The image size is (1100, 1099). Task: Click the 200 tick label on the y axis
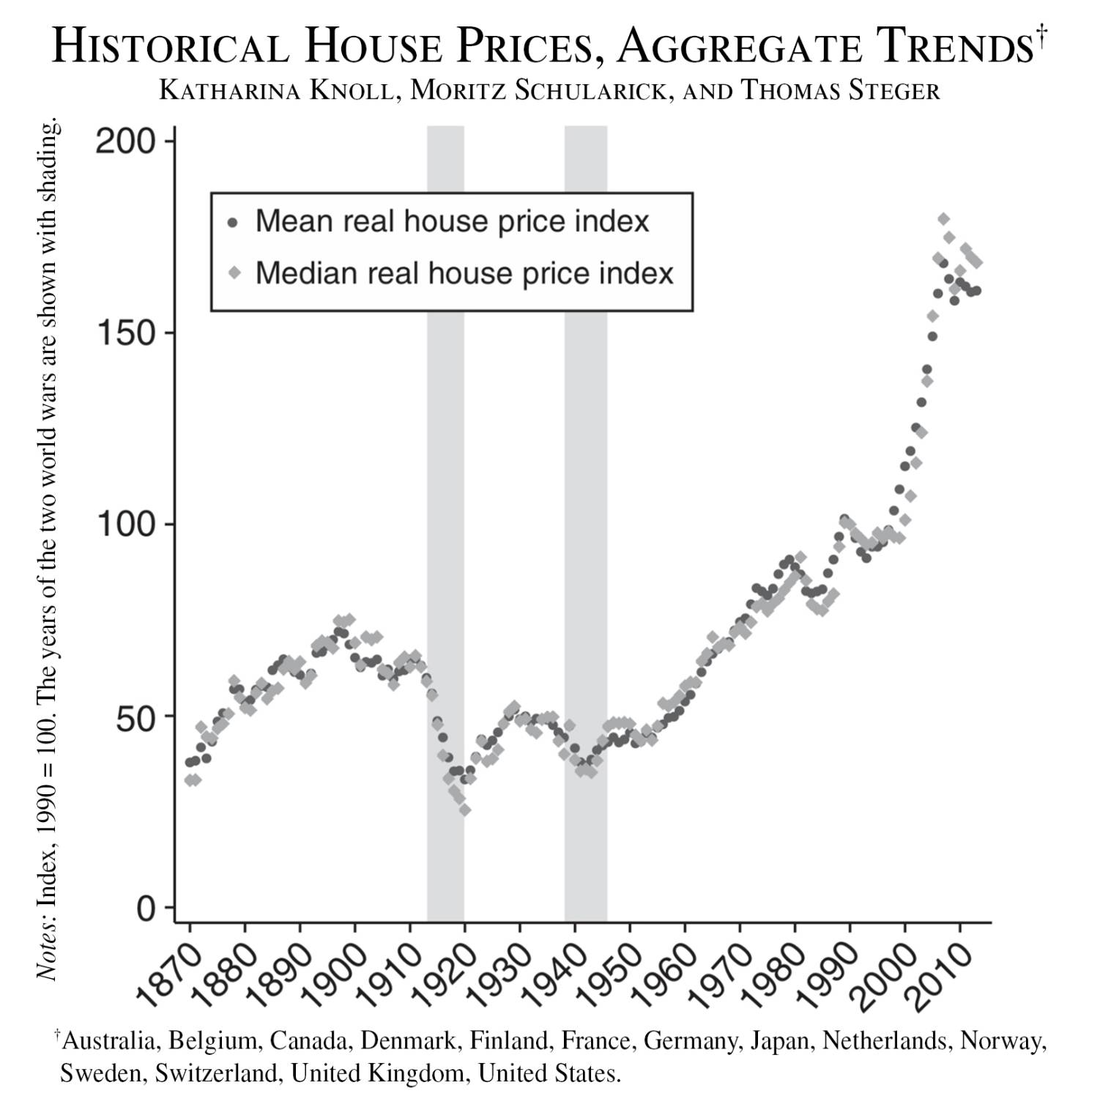pos(126,141)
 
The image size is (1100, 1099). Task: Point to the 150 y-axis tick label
pos(126,333)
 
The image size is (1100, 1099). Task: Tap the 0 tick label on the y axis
pos(146,908)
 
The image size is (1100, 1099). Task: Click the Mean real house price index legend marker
pos(234,222)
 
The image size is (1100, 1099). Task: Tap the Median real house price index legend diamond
pos(234,273)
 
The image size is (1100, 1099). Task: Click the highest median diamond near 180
pos(943,219)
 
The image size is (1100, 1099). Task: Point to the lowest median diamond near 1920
pos(464,810)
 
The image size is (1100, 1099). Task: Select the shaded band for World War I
pos(445,513)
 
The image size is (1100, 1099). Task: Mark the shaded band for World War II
pos(585,513)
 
